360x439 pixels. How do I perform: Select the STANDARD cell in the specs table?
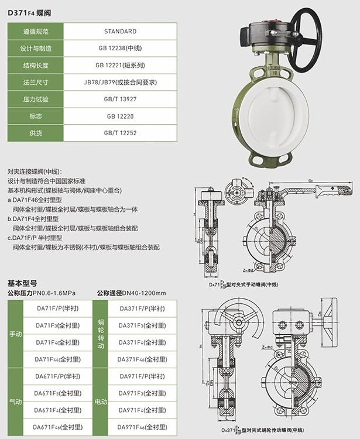120,31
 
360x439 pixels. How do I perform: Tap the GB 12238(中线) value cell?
120,48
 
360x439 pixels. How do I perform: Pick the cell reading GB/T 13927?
120,99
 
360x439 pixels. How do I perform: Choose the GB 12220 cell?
120,116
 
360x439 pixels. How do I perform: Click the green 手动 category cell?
16,334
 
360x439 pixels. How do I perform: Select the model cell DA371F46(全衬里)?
141,359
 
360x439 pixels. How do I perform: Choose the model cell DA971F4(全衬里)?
141,410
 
